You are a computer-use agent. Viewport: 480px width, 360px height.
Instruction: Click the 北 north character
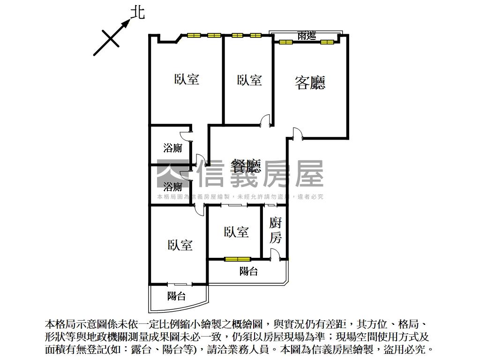[137, 13]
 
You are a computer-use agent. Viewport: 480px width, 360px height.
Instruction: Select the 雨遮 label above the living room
[307, 36]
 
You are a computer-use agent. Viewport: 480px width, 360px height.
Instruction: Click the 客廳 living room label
[310, 82]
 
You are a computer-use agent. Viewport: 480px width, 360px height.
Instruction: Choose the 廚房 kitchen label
[276, 230]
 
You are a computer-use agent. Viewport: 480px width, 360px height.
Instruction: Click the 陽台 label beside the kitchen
[248, 271]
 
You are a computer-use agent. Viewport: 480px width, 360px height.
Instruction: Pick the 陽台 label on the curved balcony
[177, 296]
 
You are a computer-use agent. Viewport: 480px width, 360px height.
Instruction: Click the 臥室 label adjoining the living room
[249, 80]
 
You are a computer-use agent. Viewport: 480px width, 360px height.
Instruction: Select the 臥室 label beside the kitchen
[236, 232]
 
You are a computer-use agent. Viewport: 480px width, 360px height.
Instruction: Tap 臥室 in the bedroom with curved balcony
[180, 245]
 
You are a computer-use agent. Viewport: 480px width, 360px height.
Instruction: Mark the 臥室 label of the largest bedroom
[187, 79]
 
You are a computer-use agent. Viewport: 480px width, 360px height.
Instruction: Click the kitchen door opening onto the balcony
[275, 255]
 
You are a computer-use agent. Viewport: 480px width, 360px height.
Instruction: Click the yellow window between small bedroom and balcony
[237, 259]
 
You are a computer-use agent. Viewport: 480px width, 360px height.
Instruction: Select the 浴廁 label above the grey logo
[172, 149]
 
